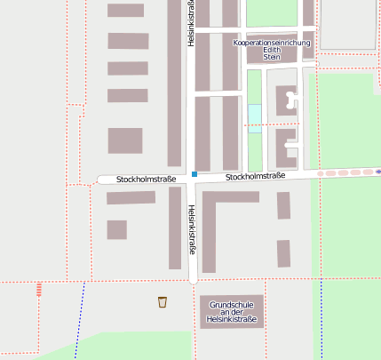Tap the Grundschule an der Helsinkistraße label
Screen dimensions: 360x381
point(231,312)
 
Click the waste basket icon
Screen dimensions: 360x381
point(163,301)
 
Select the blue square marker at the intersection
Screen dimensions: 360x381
point(194,174)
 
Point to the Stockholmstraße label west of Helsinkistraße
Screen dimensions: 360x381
point(146,180)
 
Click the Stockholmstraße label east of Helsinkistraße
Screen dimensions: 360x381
point(255,177)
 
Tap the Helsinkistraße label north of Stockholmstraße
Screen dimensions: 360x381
point(191,22)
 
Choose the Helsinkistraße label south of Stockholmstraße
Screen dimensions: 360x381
point(191,229)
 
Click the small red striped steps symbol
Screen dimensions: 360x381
point(38,288)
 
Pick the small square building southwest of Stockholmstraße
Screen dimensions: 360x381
point(117,229)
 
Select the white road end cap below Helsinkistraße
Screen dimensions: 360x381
point(193,278)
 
